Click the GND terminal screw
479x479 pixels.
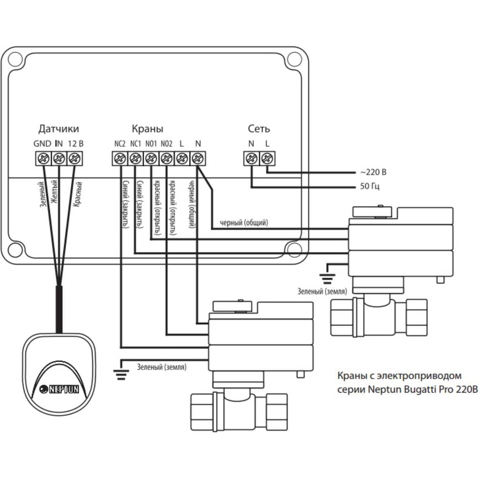click(x=43, y=158)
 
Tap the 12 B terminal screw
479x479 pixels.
click(x=73, y=158)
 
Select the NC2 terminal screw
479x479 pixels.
click(x=119, y=158)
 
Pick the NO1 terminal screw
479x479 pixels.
click(x=150, y=158)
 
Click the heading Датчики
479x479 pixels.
click(x=58, y=129)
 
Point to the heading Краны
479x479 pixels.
click(x=147, y=129)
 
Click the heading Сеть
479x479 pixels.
click(x=259, y=129)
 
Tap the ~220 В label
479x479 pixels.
click(x=372, y=172)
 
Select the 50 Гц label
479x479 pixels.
click(x=369, y=186)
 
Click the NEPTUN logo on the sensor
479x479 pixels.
click(x=59, y=389)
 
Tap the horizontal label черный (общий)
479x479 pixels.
click(x=243, y=223)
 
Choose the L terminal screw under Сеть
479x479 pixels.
click(x=267, y=158)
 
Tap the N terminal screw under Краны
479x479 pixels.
click(x=197, y=158)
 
